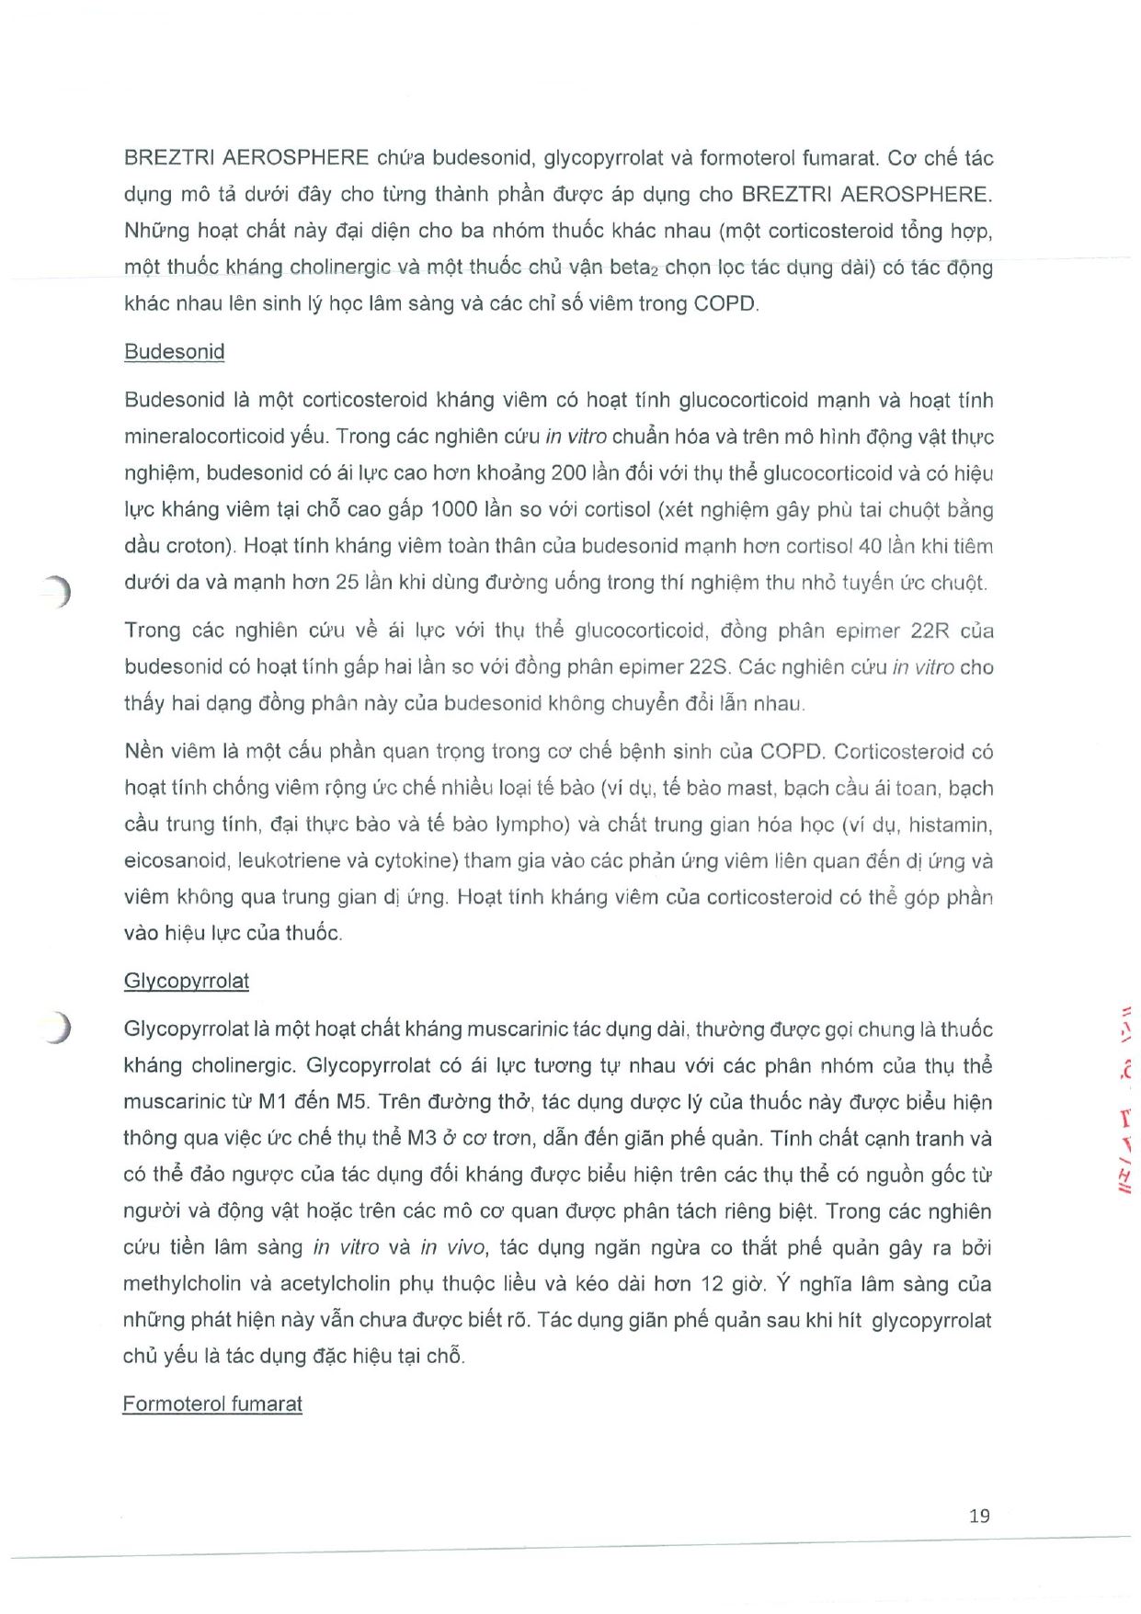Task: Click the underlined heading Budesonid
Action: [174, 352]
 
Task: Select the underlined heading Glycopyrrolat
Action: [186, 981]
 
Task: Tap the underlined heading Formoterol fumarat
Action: [212, 1404]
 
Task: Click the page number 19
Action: [979, 1516]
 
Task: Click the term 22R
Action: [929, 631]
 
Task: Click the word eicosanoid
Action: [175, 861]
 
